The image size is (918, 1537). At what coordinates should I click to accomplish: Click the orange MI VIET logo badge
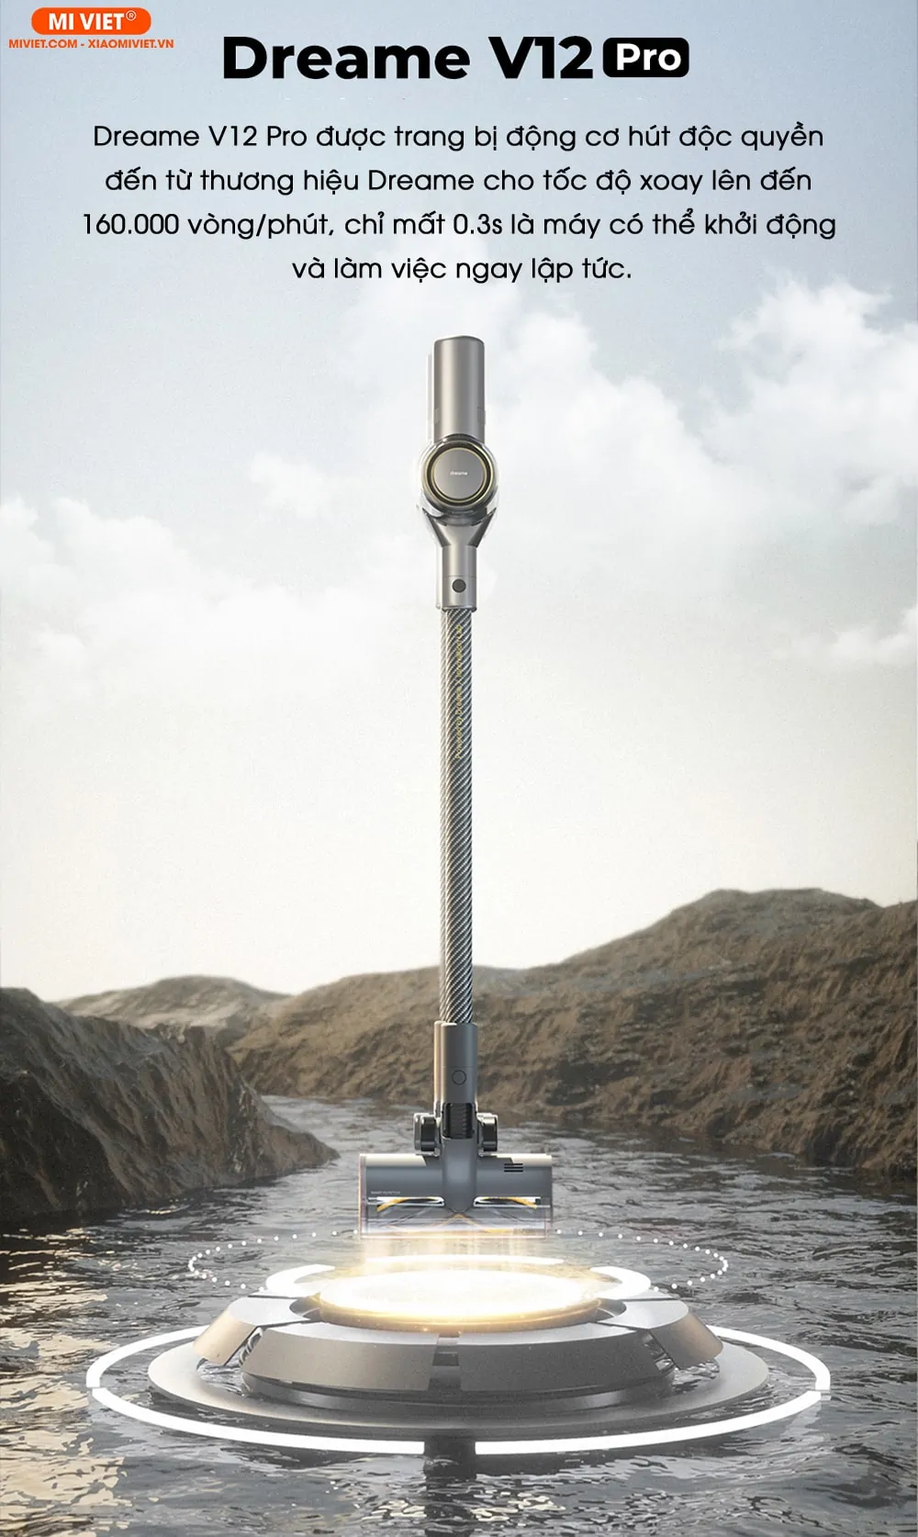click(x=91, y=21)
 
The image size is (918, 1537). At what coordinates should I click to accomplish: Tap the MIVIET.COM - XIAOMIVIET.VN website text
click(x=91, y=44)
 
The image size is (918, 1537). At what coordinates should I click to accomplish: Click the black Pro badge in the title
click(x=645, y=58)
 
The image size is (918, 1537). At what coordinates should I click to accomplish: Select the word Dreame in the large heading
click(x=346, y=59)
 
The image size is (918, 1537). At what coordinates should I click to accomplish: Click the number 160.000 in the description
click(x=131, y=224)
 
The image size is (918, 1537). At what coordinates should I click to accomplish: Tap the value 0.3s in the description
click(x=477, y=224)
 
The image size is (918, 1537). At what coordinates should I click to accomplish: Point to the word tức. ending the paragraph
click(x=607, y=268)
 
